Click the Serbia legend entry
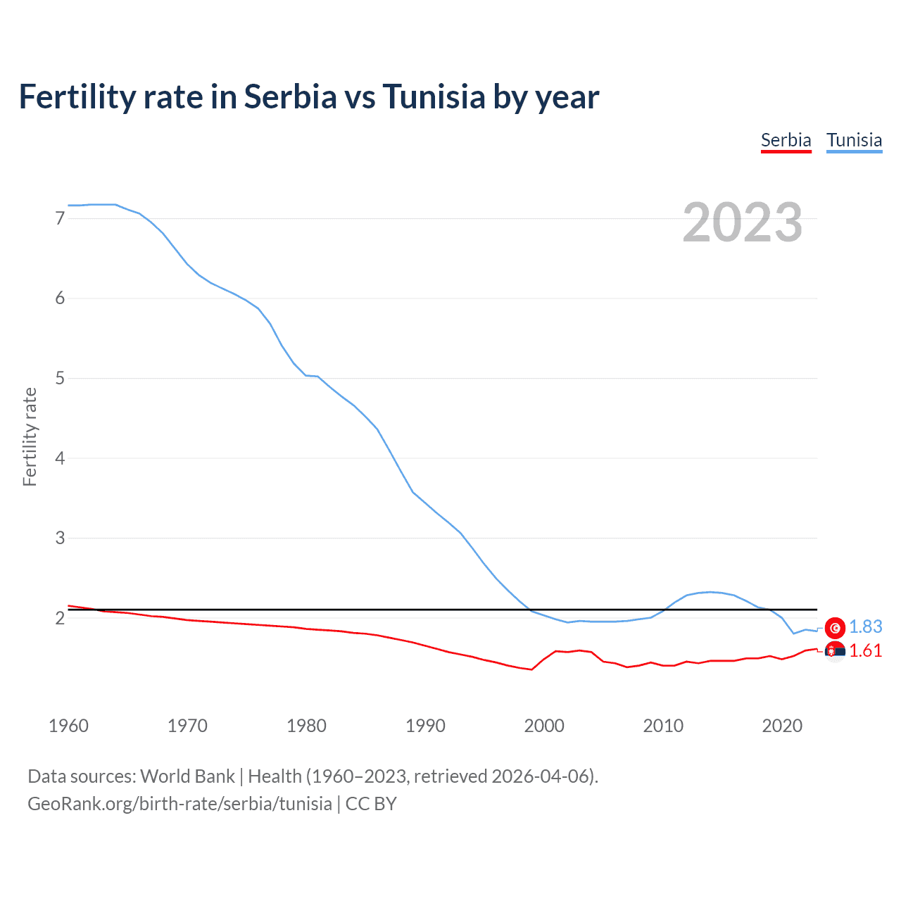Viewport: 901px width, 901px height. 786,140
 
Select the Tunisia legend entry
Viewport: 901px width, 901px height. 854,140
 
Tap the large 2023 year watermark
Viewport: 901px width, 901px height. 742,222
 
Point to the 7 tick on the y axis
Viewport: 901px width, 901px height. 60,219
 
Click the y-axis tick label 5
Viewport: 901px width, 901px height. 60,379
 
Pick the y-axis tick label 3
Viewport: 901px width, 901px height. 60,538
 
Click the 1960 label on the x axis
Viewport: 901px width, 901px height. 68,726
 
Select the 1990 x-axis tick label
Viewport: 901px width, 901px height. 425,726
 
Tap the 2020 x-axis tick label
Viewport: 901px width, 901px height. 782,726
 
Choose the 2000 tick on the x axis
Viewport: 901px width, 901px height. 544,726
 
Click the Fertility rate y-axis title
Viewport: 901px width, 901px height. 30,436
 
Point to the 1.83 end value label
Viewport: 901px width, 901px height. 865,627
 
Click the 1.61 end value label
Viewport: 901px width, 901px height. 865,651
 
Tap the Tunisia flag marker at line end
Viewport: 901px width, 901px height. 835,627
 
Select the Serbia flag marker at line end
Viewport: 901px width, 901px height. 835,651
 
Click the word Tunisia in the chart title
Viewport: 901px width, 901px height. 434,96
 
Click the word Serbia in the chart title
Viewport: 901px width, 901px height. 290,96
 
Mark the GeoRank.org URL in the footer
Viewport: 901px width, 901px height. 179,804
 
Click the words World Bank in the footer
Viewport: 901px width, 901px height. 187,776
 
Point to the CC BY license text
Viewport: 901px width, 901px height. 371,804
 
